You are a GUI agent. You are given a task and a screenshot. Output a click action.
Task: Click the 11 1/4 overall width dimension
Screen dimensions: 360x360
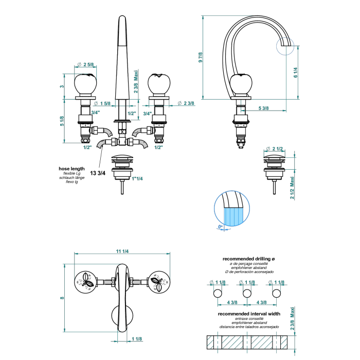pyautogui.click(x=122, y=250)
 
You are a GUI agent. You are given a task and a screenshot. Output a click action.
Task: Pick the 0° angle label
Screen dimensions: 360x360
pyautogui.click(x=220, y=226)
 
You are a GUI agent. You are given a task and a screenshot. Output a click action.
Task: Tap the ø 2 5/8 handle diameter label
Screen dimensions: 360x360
pyautogui.click(x=85, y=64)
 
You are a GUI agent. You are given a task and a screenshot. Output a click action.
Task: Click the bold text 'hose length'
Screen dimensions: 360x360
pyautogui.click(x=72, y=169)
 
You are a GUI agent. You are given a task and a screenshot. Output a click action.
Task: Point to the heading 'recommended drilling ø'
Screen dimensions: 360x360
pyautogui.click(x=249, y=259)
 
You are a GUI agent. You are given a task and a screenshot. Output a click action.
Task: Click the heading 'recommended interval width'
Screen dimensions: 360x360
pyautogui.click(x=249, y=313)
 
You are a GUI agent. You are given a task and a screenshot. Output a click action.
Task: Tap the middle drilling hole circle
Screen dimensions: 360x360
pyautogui.click(x=247, y=293)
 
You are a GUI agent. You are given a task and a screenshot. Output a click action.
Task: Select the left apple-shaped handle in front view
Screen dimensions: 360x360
pyautogui.click(x=85, y=84)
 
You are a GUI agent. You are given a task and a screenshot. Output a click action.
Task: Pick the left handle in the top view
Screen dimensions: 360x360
pyautogui.click(x=85, y=281)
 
